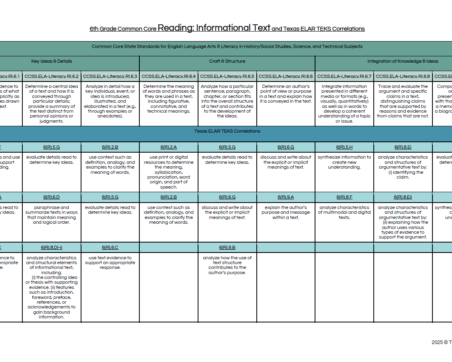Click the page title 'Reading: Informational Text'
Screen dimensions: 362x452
coord(214,28)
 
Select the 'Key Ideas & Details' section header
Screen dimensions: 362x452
coord(52,62)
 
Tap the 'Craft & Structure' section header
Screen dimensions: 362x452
coord(227,62)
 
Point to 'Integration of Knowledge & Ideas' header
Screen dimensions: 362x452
coord(402,62)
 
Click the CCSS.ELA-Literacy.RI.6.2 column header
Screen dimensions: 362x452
coord(52,76)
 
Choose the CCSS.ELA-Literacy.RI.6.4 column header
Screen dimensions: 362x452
coord(169,76)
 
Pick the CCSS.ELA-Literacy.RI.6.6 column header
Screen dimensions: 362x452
coord(285,76)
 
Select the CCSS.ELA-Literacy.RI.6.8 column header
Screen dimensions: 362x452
coord(402,76)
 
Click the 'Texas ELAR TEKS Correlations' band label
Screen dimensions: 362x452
coord(227,131)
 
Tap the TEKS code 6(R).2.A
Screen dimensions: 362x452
coord(169,147)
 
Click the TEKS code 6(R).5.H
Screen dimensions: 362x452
coord(344,147)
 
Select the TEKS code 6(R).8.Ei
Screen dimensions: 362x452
coord(402,147)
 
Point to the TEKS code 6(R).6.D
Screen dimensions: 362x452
coord(52,197)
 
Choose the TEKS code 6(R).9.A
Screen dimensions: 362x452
coord(285,197)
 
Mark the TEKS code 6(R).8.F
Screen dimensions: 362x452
coord(344,197)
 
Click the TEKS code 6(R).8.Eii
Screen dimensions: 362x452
coord(402,197)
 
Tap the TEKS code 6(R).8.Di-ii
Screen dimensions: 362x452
coord(52,248)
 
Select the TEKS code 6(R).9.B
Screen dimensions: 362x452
coord(227,248)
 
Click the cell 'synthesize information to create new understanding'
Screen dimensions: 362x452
coord(344,162)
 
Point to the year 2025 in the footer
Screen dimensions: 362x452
coord(437,342)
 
